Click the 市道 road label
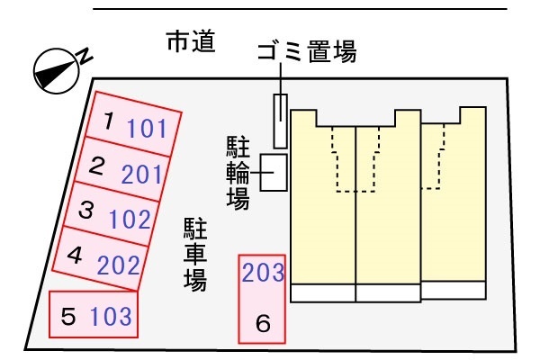click(x=191, y=41)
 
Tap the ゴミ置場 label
click(x=307, y=51)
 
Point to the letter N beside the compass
click(x=85, y=56)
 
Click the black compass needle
click(x=55, y=74)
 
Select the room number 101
click(x=147, y=128)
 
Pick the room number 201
click(x=142, y=174)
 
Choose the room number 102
click(x=130, y=219)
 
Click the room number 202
click(x=119, y=265)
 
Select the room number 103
click(x=111, y=316)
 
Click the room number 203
click(x=263, y=272)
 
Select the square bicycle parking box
click(x=274, y=172)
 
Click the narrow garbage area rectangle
click(x=280, y=121)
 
